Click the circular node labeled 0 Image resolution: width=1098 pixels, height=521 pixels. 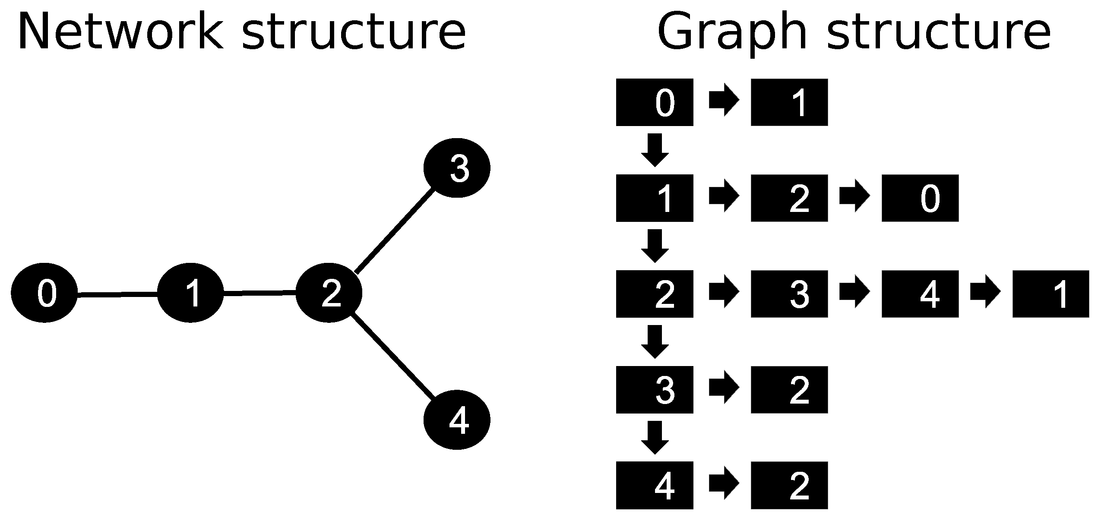tap(44, 292)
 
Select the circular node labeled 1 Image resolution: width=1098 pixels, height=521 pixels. tap(190, 292)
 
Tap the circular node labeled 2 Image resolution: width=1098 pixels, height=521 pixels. tap(329, 292)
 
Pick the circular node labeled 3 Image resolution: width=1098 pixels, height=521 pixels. tap(457, 168)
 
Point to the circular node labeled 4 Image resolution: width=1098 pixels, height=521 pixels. tap(457, 420)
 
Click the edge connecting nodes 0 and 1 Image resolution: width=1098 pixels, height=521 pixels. tap(117, 295)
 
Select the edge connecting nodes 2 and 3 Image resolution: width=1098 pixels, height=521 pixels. tap(394, 231)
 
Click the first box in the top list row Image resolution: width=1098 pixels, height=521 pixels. tap(654, 102)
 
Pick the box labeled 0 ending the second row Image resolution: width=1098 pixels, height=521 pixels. tap(920, 198)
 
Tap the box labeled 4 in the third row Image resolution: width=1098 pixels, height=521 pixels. tap(920, 294)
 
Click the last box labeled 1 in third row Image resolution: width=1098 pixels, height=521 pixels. tap(1051, 294)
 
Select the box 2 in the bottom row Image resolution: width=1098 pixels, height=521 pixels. tap(789, 485)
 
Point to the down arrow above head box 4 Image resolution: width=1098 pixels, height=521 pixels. tap(655, 437)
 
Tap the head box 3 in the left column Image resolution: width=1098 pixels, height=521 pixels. tap(654, 389)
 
